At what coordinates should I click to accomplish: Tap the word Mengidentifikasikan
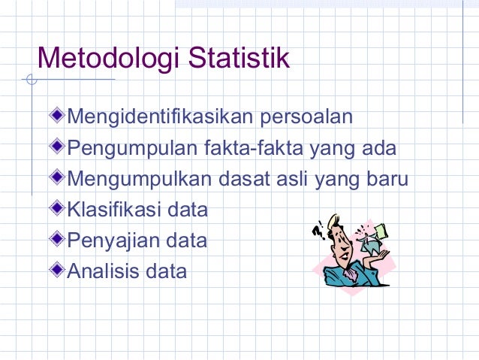pyautogui.click(x=160, y=118)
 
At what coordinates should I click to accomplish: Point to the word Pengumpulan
pyautogui.click(x=132, y=149)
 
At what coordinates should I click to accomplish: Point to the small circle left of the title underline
pyautogui.click(x=29, y=80)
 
